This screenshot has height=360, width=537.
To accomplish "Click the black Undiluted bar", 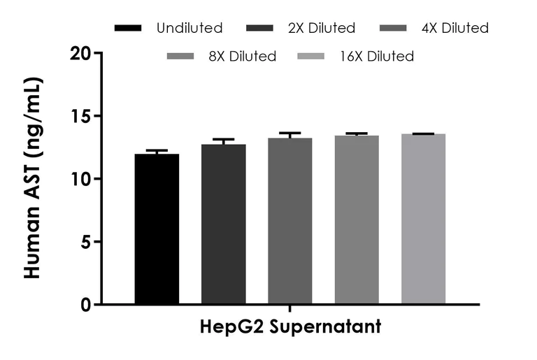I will point(157,229).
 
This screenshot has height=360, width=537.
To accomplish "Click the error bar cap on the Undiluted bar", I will point(157,150).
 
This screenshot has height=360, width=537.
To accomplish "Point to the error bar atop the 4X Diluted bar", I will point(289,133).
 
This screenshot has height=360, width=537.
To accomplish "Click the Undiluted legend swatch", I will point(127,29).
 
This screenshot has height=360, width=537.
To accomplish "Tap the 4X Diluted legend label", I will point(455,29).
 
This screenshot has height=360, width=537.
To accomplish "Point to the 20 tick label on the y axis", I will point(81,53).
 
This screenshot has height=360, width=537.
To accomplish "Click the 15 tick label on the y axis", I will point(81,116).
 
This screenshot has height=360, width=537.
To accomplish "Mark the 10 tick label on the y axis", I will point(81,179).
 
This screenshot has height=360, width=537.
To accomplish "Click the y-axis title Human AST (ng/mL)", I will point(33,178).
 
